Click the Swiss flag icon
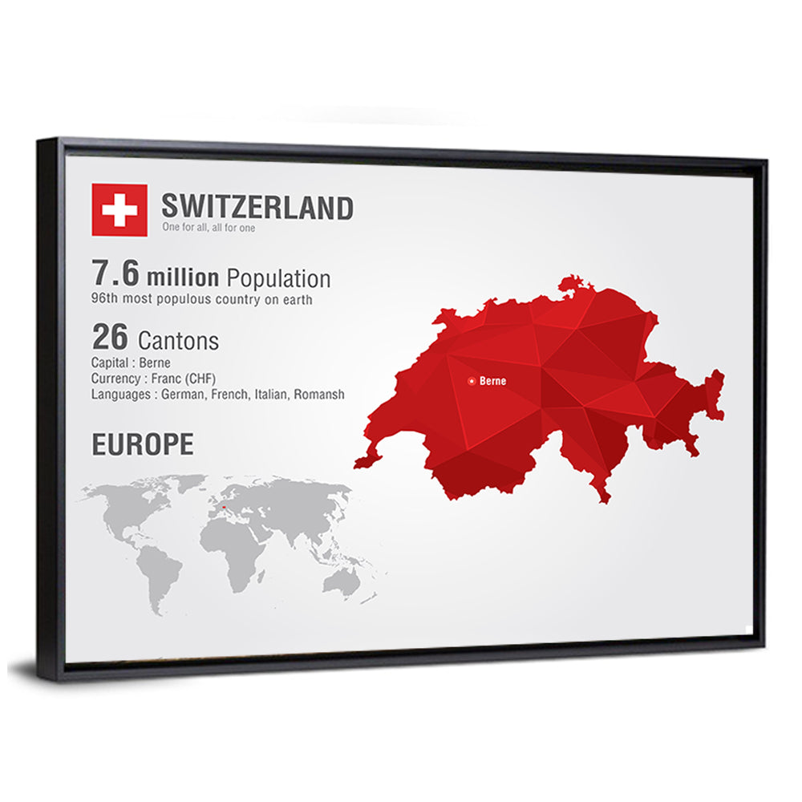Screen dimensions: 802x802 [119, 210]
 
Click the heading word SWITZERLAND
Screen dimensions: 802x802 [257, 207]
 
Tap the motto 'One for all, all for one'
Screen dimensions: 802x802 [209, 228]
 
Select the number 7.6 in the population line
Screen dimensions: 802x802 [115, 274]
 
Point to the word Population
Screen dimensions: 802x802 [277, 278]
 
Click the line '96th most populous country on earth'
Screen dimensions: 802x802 [201, 300]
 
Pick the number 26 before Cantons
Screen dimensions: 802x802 [109, 337]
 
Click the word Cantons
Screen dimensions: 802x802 [179, 340]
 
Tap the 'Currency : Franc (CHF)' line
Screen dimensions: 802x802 [153, 379]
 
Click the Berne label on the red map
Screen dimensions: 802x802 [492, 381]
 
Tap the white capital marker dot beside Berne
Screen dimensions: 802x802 [472, 381]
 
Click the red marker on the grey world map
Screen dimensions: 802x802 [222, 507]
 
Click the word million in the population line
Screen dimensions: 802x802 [182, 277]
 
